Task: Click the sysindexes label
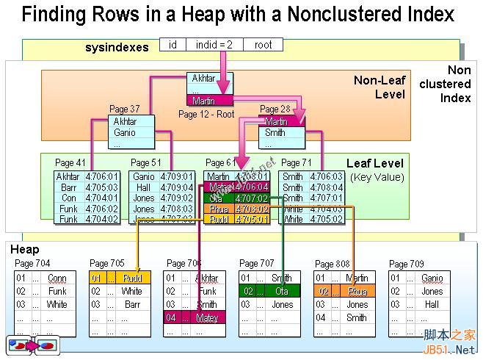pos(117,47)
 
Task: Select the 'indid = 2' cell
pos(214,45)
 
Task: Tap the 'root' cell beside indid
pos(263,45)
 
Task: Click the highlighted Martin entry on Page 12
pos(210,101)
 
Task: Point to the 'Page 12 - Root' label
pos(206,114)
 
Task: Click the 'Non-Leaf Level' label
pos(379,87)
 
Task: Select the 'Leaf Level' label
pos(375,163)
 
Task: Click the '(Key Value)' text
pos(377,177)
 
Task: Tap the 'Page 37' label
pos(124,109)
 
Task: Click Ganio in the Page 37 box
pos(125,133)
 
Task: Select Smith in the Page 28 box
pos(275,133)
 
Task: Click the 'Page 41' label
pos(70,162)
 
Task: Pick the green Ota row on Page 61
pos(239,198)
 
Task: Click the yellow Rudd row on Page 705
pos(120,278)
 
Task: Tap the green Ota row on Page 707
pos(270,291)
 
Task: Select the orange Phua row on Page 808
pos(341,292)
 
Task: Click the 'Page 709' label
pos(407,264)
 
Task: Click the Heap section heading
pos(24,250)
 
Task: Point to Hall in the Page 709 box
pos(432,304)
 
